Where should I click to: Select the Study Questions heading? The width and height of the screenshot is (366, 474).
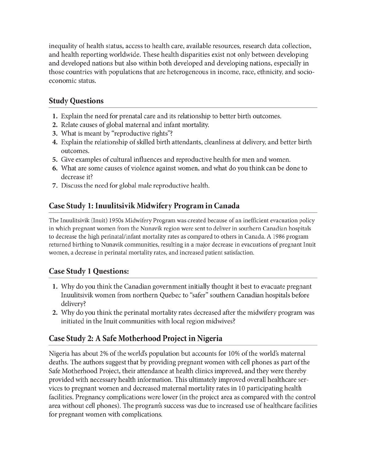[x=76, y=101]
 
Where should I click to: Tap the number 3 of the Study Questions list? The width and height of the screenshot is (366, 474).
[x=55, y=134]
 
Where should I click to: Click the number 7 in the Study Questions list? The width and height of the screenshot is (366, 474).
[x=55, y=186]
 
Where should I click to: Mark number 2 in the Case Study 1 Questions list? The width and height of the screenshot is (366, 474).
[x=55, y=313]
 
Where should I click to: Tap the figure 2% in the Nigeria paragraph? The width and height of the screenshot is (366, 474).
[x=101, y=354]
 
